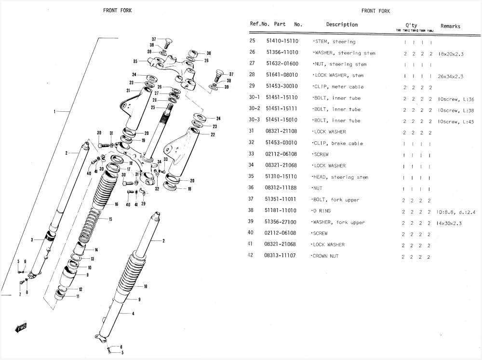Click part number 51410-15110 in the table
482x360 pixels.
[x=282, y=42]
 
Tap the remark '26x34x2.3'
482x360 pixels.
[x=450, y=76]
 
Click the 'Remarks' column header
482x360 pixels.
[x=450, y=27]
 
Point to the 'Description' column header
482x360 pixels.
[x=342, y=25]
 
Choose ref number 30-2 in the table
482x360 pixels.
[x=254, y=109]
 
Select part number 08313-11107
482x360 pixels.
[x=280, y=256]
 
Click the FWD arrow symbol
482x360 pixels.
[x=21, y=328]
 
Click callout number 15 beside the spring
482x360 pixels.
[x=110, y=220]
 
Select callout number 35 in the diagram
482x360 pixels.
[x=135, y=61]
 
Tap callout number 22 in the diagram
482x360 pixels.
[x=213, y=134]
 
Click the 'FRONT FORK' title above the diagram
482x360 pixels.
[x=117, y=11]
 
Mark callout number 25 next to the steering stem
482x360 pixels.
[x=153, y=107]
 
